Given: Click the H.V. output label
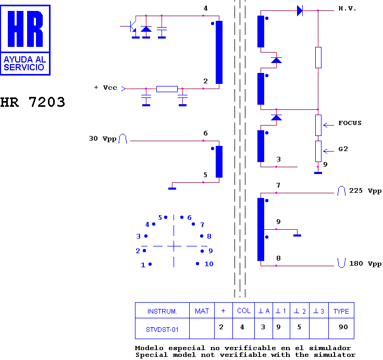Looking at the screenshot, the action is tap(347, 8).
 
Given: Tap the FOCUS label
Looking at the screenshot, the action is tap(350, 123).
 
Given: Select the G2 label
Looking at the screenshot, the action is tap(343, 148).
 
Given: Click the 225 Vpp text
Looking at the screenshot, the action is tap(365, 191).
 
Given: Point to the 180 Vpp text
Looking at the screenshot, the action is tap(365, 264).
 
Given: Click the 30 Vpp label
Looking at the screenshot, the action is tap(102, 139).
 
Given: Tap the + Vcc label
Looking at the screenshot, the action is tap(105, 88).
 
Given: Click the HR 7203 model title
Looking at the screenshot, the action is tap(32, 102).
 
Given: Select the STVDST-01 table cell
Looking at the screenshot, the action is tap(162, 329).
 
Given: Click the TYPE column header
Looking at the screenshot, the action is tap(341, 311).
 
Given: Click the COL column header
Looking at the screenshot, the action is tap(244, 311).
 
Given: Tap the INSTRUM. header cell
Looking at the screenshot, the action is tap(162, 312).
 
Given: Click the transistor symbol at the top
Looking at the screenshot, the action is tap(131, 27).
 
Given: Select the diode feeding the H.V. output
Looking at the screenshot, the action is tap(300, 11).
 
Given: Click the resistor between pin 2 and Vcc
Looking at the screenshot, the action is tap(167, 89).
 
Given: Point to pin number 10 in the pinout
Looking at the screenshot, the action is tap(208, 264).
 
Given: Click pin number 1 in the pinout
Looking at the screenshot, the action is tap(143, 265).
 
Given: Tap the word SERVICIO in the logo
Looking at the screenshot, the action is tap(23, 67).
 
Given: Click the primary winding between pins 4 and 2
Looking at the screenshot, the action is tap(219, 52).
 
